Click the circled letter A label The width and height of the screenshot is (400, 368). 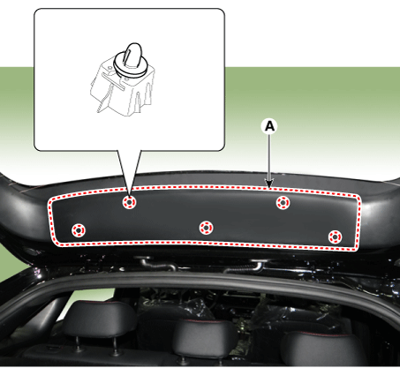click(x=269, y=126)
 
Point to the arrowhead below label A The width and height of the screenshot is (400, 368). click(x=269, y=183)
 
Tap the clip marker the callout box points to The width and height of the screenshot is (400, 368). click(x=129, y=202)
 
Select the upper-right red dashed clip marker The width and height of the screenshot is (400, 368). click(x=283, y=203)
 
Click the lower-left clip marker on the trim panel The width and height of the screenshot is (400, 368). click(x=79, y=230)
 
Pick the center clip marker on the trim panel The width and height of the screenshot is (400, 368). click(x=206, y=228)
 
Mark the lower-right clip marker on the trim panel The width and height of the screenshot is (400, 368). click(x=335, y=237)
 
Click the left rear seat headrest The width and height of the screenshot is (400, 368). click(x=98, y=319)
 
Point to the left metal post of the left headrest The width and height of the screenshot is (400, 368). click(x=78, y=343)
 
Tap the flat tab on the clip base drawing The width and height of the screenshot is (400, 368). click(x=113, y=81)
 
